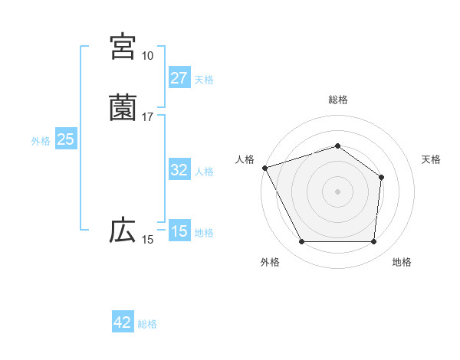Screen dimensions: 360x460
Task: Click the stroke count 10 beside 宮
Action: click(147, 56)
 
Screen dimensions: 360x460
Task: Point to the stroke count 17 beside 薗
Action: click(147, 117)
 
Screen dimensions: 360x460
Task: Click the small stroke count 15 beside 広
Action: click(147, 240)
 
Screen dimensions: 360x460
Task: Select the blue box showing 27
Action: click(179, 78)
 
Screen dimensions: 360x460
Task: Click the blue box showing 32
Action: click(179, 170)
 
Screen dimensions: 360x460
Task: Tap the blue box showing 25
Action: click(65, 139)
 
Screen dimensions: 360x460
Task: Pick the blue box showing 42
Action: click(123, 322)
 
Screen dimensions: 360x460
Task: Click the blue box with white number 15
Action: click(179, 231)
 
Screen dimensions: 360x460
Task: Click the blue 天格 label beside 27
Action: click(204, 80)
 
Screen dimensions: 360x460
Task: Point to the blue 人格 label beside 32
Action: click(204, 172)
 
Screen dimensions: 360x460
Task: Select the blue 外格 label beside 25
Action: click(41, 141)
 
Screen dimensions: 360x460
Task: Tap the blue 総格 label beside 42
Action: click(147, 324)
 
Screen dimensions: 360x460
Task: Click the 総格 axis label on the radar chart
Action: click(338, 100)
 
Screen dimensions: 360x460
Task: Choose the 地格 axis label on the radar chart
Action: click(402, 262)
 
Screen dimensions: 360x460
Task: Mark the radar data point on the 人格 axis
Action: click(264, 167)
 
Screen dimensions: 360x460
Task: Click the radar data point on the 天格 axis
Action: click(382, 177)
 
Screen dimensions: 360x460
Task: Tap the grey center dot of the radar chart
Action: click(338, 191)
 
